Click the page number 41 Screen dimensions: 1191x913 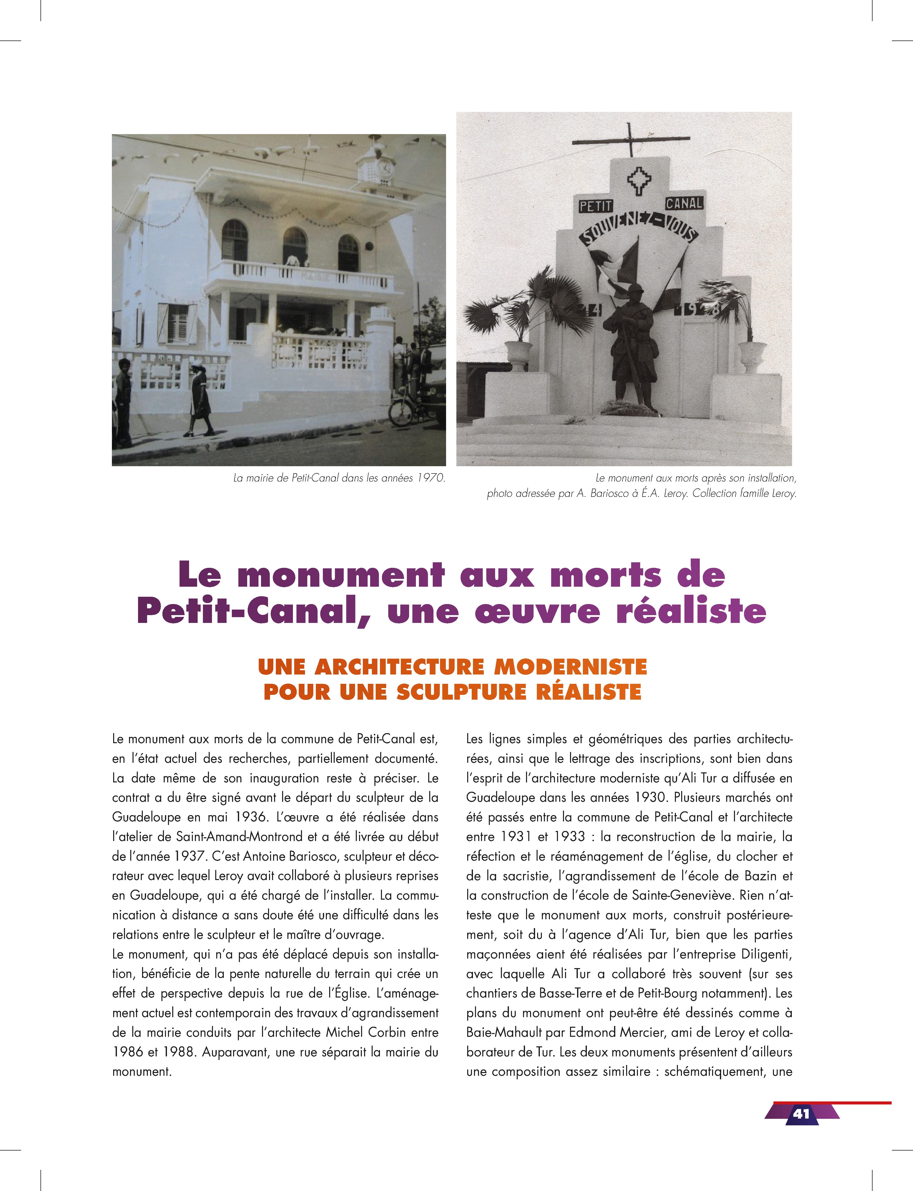[x=801, y=1113]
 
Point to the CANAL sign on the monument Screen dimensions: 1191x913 [x=684, y=203]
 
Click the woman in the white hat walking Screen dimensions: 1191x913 [x=200, y=400]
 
